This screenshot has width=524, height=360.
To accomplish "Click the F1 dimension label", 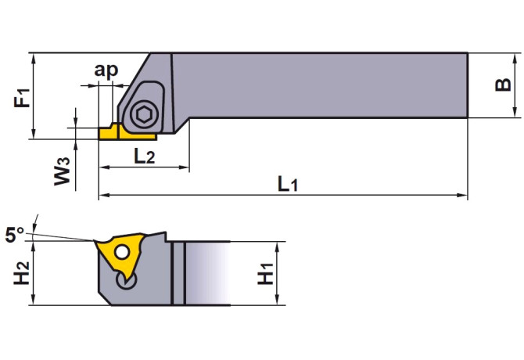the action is [x=22, y=98].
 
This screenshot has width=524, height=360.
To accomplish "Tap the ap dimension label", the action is [x=106, y=70].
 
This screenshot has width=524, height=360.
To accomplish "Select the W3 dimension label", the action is [x=63, y=171].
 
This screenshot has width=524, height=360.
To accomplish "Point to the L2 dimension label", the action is [x=145, y=156].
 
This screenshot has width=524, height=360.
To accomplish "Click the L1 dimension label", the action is [x=288, y=184].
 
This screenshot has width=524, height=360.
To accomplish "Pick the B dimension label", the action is [x=503, y=85].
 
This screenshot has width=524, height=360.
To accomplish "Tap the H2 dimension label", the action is [x=22, y=273].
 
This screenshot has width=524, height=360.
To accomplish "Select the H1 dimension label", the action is [x=266, y=274].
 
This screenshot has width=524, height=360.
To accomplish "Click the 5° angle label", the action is [x=15, y=234].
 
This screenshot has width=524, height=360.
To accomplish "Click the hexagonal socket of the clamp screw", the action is [x=144, y=114].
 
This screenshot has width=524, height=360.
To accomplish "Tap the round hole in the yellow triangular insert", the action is [x=122, y=252].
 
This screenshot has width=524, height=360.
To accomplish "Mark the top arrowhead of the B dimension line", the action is [x=515, y=58].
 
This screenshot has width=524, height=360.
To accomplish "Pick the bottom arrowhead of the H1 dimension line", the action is [x=277, y=300].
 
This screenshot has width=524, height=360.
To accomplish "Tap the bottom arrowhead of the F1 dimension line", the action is [x=33, y=134].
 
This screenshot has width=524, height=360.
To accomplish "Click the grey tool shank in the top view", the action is [x=320, y=85].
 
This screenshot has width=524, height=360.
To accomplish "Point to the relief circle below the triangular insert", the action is [x=127, y=281].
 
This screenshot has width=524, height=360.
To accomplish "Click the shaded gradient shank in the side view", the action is [x=207, y=273].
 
